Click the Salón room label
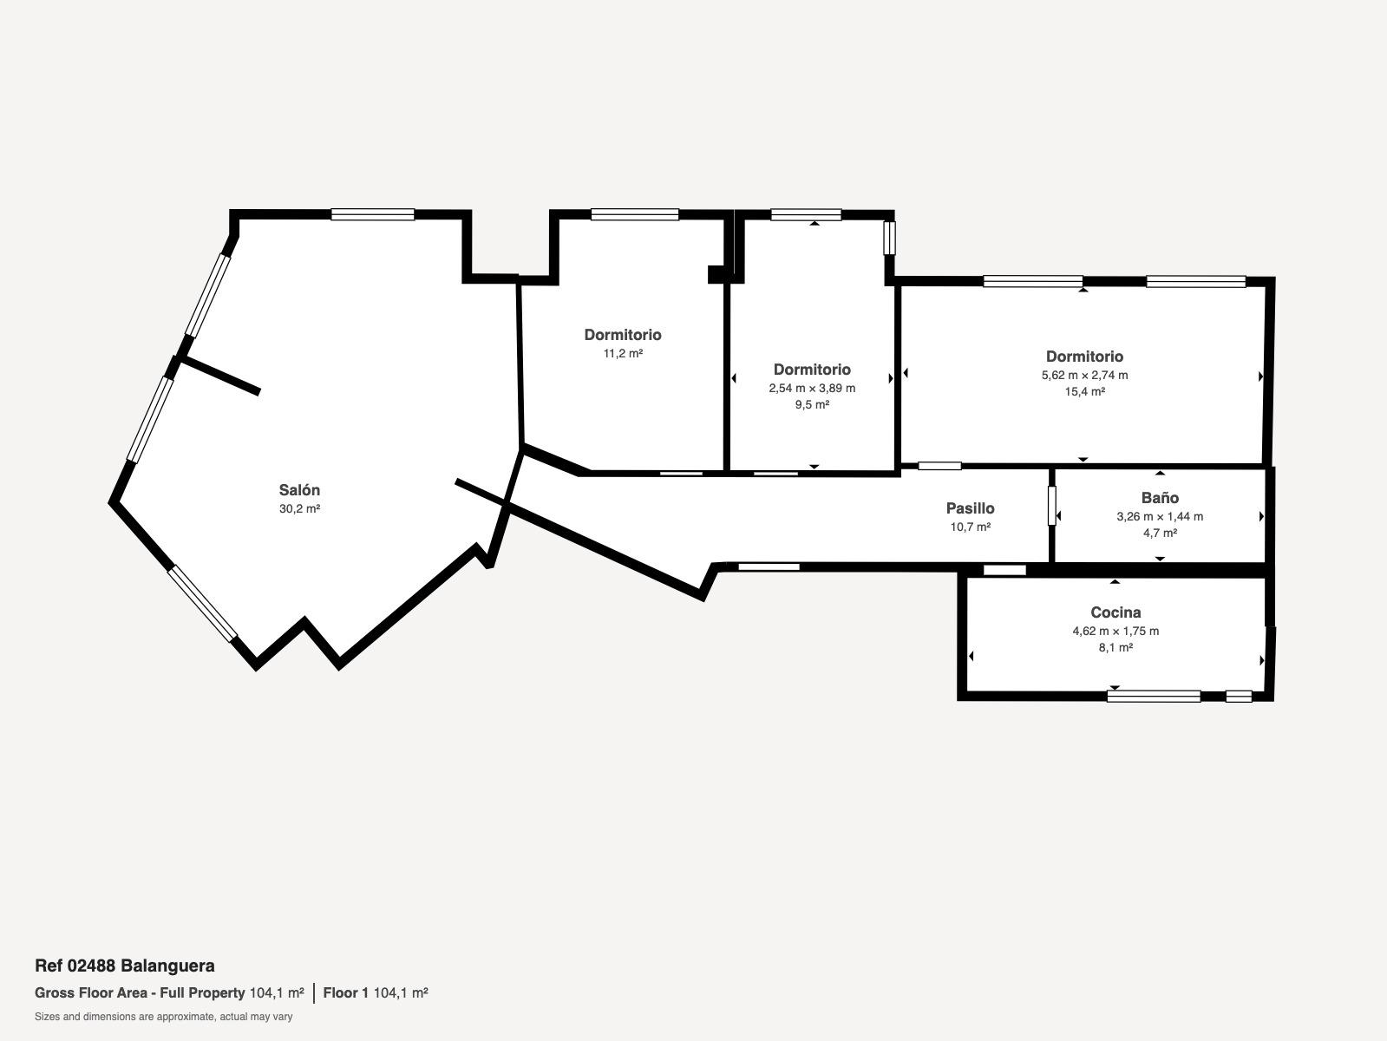[x=299, y=490]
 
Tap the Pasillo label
[x=970, y=508]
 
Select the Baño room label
[x=1160, y=498]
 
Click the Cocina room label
[x=1115, y=612]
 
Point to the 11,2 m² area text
[x=623, y=354]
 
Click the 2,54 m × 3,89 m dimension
[x=812, y=389]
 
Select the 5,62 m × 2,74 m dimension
[x=1084, y=376]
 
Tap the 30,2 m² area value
[x=299, y=509]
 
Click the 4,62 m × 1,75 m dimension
[x=1115, y=631]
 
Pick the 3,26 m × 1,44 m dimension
[x=1160, y=517]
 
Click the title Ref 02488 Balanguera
[x=125, y=966]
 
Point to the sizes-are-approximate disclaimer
[x=164, y=1017]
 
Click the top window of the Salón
[x=373, y=215]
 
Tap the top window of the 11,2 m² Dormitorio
[x=635, y=215]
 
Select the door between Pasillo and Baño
[x=1052, y=506]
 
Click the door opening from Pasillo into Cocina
[x=1004, y=571]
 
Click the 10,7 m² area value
[x=970, y=527]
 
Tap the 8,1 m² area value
[x=1115, y=647]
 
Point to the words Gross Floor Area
[x=91, y=993]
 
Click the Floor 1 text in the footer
[x=345, y=993]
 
